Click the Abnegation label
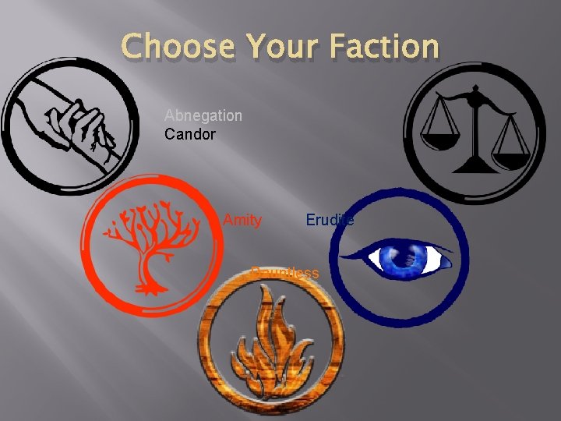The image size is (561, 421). click(203, 115)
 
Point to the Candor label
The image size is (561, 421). click(190, 134)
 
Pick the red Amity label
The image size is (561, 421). click(242, 221)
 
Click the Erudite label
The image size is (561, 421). click(330, 221)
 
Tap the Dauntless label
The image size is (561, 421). click(285, 272)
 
